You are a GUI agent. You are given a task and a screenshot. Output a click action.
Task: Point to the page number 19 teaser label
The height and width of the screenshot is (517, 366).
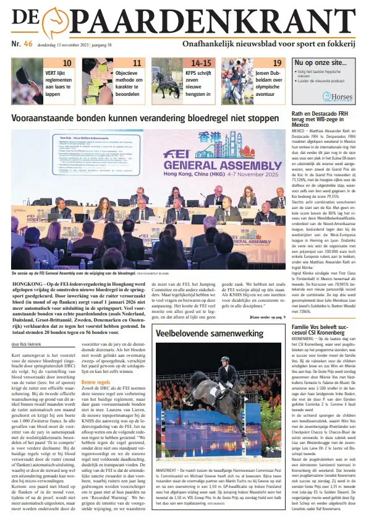(278, 62)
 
